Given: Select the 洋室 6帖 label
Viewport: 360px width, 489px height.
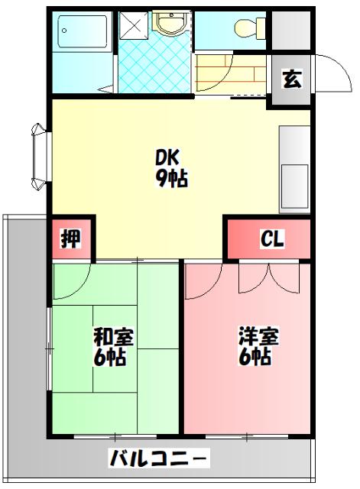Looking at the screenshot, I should [x=258, y=346].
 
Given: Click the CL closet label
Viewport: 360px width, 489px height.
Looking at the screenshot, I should [x=272, y=239].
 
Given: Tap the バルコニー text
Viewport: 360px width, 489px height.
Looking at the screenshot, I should [x=158, y=459].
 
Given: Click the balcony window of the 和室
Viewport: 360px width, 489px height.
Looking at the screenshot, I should [x=115, y=436].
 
